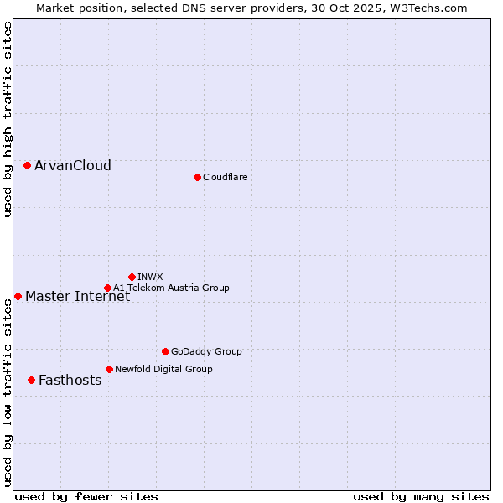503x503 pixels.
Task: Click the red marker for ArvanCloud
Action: [27, 165]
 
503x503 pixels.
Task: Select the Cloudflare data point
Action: [197, 177]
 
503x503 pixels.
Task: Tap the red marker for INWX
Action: [132, 277]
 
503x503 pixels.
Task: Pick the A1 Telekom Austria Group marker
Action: [107, 288]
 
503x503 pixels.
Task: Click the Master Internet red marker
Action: [18, 296]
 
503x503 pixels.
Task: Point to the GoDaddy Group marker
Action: [165, 351]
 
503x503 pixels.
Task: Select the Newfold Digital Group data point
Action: [109, 369]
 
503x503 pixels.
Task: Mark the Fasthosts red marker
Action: [31, 380]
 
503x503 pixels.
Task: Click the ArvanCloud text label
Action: [73, 165]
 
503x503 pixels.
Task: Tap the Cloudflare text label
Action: [226, 177]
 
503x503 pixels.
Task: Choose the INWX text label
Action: [150, 277]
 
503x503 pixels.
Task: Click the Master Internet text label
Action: [77, 296]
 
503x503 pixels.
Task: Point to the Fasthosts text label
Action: [70, 380]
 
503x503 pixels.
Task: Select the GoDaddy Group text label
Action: [206, 351]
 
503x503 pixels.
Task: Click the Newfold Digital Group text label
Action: [163, 369]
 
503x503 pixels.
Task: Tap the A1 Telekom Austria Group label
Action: [171, 288]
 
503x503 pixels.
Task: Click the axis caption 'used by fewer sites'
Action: [86, 496]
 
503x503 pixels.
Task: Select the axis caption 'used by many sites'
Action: [421, 496]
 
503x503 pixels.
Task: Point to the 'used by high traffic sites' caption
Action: [8, 120]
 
